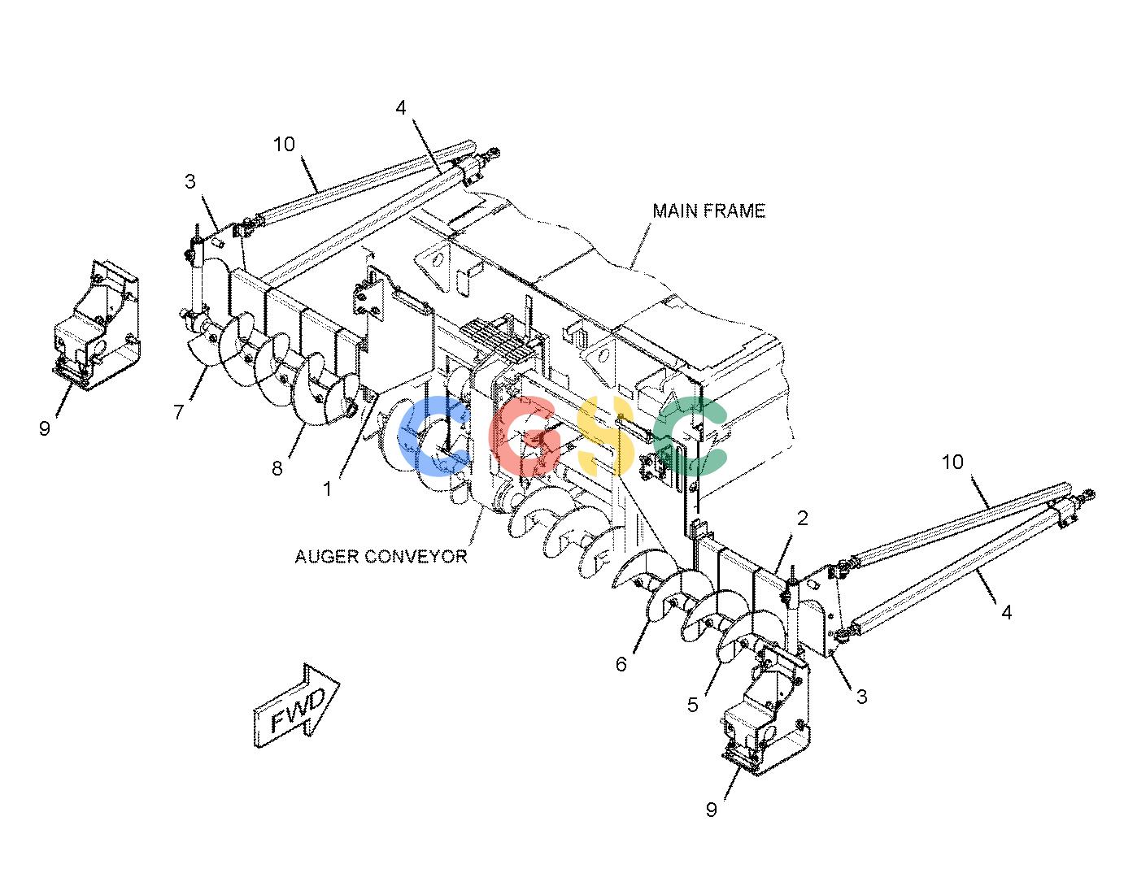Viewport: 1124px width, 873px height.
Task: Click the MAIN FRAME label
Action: [x=708, y=211]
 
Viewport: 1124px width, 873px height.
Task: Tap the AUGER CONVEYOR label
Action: [x=381, y=557]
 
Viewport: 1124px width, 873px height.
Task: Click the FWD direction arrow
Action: [x=296, y=706]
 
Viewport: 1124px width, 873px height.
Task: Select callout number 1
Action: [x=327, y=489]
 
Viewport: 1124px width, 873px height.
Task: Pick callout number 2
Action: [x=802, y=518]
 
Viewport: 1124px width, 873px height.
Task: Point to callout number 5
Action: [x=693, y=705]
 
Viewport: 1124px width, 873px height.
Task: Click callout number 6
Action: [x=621, y=664]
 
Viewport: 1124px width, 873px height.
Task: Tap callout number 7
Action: [x=178, y=412]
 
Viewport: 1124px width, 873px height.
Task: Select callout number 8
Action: [x=277, y=468]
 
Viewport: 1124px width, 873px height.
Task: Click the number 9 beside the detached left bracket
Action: [x=45, y=428]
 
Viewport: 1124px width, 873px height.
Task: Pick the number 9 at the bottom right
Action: [x=711, y=810]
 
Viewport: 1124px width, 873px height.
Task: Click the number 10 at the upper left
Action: [x=284, y=144]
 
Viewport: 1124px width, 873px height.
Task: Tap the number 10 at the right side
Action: [x=952, y=462]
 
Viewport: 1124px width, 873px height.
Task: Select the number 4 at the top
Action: [x=401, y=107]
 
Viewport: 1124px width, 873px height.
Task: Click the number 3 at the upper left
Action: [x=190, y=181]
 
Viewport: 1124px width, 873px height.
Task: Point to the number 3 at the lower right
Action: [x=861, y=697]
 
